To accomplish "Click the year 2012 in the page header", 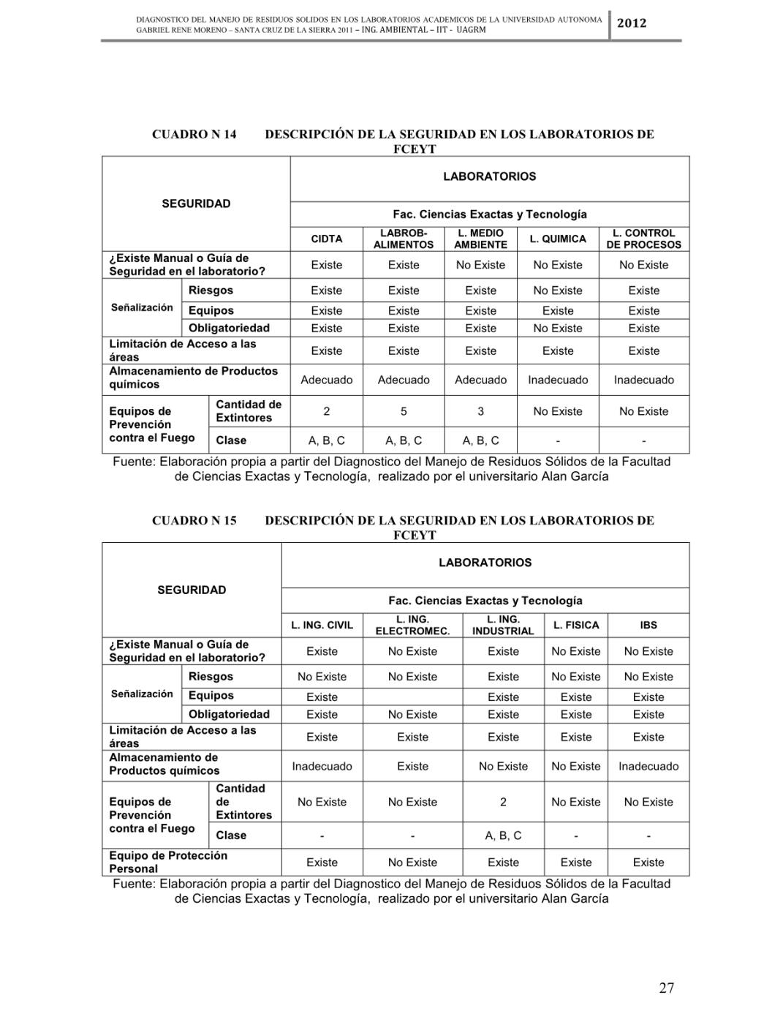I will coord(632,23).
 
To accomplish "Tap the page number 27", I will coord(666,988).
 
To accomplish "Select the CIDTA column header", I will coord(326,239).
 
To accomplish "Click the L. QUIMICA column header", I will coord(558,239).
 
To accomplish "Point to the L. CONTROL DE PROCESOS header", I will coord(643,239).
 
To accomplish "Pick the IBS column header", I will coord(648,625).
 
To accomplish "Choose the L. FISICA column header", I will coord(576,625).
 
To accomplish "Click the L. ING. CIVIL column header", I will coord(322,625).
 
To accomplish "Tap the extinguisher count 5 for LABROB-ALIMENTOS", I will coord(404,411).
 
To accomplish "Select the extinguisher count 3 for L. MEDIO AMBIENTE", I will coord(480,411).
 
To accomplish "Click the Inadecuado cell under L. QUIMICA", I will coord(558,380).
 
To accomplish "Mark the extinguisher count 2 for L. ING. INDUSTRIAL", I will coord(503,802).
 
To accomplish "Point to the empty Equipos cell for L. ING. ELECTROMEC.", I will coord(412,696).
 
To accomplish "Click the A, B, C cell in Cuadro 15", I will coord(503,835).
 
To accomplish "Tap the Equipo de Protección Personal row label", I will coord(168,862).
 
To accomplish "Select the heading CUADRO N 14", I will coord(194,134).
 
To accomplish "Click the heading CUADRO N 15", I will coord(194,520).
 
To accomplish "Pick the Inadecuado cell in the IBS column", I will coord(648,766).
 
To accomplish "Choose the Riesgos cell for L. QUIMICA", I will coord(558,290).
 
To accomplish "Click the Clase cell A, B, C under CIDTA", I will coord(326,440).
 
